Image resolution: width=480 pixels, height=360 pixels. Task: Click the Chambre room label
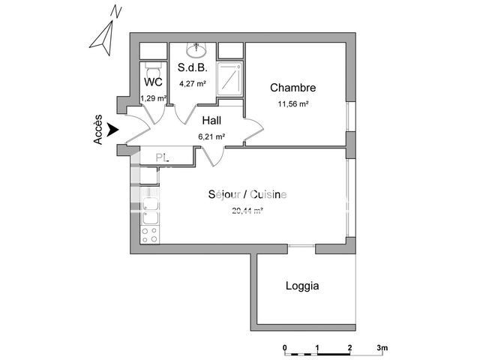(292, 88)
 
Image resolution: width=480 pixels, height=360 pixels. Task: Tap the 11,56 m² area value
(292, 104)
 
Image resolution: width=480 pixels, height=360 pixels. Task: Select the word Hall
(211, 120)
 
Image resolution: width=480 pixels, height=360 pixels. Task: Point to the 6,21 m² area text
(211, 136)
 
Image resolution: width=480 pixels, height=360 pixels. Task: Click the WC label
(153, 82)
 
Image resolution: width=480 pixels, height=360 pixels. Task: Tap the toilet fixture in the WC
(153, 64)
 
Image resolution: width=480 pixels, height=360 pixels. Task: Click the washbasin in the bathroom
(196, 50)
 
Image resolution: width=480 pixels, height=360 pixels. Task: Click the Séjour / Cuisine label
(247, 195)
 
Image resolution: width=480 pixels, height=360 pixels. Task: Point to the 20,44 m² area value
(247, 211)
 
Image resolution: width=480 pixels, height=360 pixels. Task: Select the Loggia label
(302, 286)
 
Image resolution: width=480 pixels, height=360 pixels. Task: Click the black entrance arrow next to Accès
(112, 130)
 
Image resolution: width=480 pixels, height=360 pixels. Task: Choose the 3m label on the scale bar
(382, 348)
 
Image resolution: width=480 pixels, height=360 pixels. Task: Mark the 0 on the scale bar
(285, 348)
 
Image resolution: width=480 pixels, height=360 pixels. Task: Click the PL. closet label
(161, 157)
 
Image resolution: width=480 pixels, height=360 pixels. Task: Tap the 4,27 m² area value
(192, 83)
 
